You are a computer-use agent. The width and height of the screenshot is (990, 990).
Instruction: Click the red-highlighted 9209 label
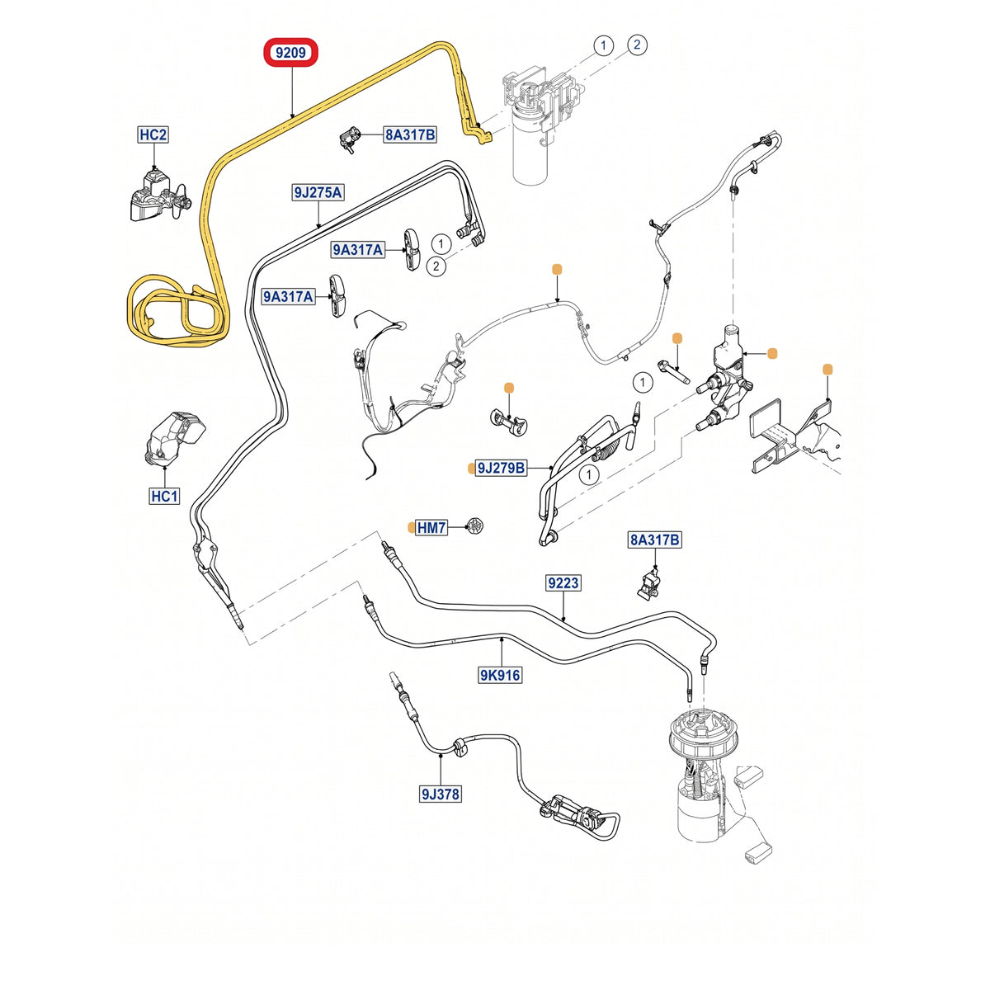290,53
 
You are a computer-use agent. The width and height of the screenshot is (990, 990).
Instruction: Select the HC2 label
153,134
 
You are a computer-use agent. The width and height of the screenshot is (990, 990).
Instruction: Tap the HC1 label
164,496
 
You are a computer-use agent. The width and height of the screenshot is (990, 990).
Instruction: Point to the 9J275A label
318,193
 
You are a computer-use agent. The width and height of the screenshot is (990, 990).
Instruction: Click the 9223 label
563,583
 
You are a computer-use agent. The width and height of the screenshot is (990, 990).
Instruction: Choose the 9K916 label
500,675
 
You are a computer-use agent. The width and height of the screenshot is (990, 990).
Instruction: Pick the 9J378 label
441,794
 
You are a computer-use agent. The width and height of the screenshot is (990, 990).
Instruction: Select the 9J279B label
502,468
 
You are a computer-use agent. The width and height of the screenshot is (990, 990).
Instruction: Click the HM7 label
431,528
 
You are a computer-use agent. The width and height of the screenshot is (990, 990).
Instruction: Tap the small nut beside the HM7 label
475,526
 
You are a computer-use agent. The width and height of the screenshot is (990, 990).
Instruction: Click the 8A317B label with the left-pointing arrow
410,135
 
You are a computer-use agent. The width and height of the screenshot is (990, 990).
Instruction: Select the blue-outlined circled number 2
637,45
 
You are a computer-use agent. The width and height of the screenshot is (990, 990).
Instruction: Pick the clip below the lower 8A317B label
649,587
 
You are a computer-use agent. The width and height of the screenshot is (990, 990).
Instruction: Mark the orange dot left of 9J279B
471,468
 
